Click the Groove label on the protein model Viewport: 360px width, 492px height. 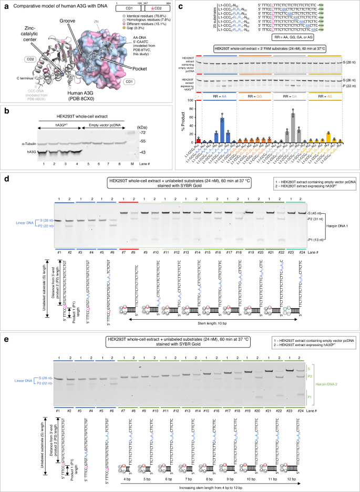[74, 25]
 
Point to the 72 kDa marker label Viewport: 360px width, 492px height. [157, 119]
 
